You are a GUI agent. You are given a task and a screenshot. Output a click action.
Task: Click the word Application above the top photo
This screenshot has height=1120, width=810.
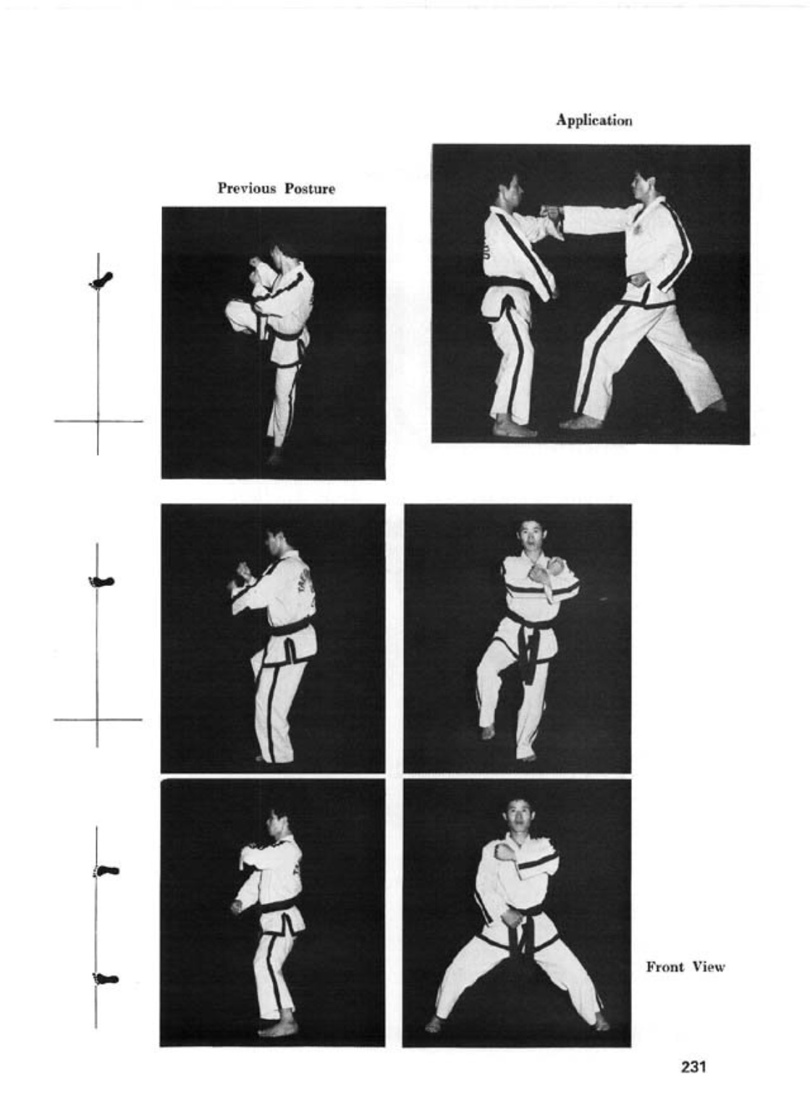pos(594,121)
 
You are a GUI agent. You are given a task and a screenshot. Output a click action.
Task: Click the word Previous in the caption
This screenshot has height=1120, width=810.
pos(248,189)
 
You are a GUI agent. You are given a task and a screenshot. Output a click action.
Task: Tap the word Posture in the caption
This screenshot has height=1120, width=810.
pos(310,189)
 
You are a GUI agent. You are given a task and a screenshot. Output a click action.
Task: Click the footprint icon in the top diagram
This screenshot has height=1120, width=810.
pos(101,280)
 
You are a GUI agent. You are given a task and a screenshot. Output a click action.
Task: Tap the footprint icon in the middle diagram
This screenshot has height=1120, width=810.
pos(101,582)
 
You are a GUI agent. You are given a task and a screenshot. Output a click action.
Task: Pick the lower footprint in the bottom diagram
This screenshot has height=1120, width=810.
pos(106,978)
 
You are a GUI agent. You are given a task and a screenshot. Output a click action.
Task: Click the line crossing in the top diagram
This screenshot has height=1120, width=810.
pos(98,421)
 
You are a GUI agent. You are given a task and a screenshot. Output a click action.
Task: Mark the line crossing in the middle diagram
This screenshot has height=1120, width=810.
pos(97,719)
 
